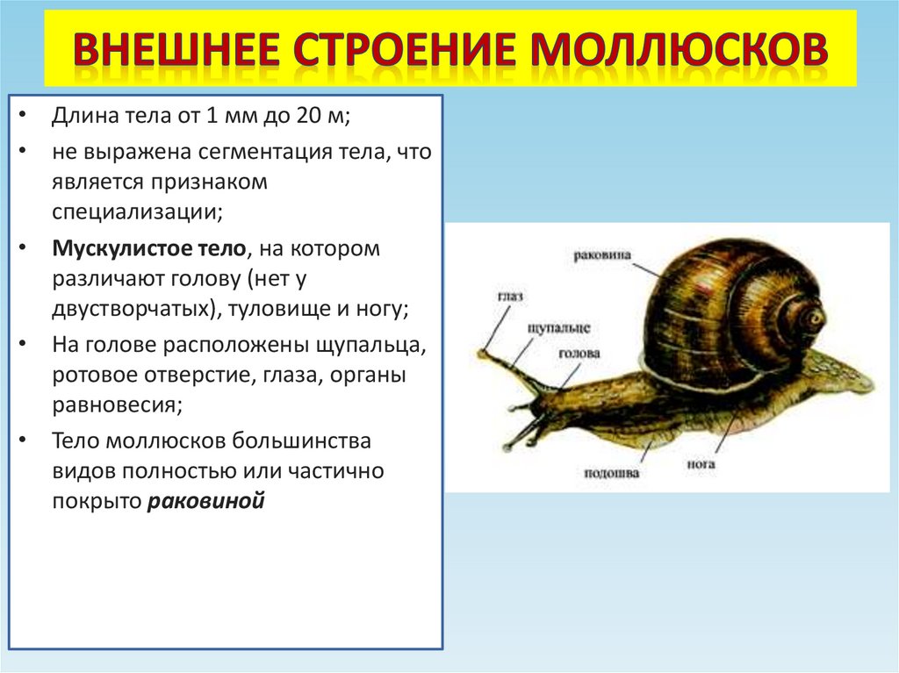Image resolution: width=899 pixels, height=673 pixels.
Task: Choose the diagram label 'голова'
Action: pos(579,354)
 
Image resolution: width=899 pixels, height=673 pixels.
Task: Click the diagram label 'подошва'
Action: pos(612,474)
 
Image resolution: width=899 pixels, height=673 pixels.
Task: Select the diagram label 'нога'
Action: pos(702,463)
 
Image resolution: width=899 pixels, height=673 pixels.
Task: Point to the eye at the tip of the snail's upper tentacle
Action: pos(481,354)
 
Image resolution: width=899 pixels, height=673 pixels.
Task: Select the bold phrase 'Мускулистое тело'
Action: pos(148,248)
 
